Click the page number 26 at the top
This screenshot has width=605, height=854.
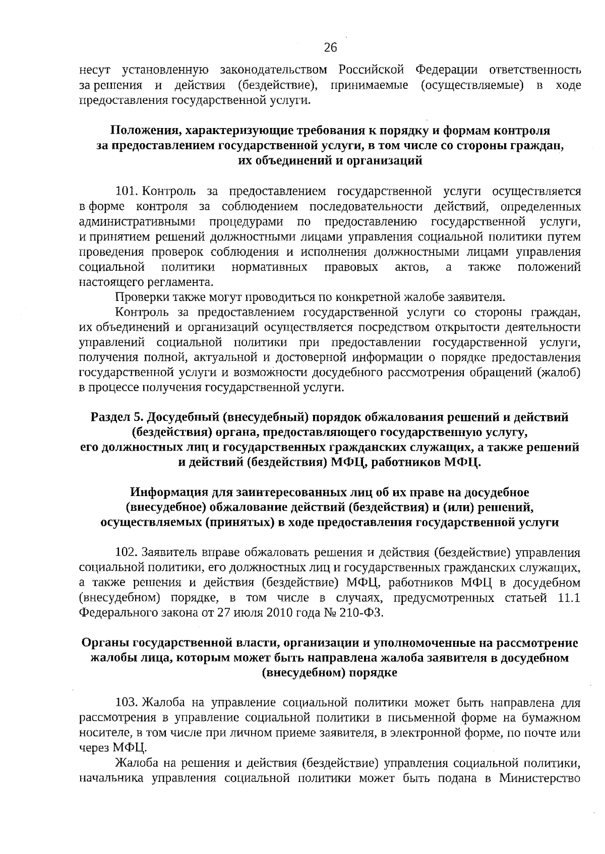point(330,48)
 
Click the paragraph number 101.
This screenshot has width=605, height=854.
point(127,192)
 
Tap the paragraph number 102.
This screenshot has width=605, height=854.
point(127,553)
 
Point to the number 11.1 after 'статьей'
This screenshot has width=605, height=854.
point(570,598)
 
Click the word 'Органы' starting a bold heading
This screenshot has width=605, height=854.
point(104,643)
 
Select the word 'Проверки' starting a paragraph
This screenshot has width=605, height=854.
point(139,297)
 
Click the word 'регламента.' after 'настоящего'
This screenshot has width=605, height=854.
point(183,282)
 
